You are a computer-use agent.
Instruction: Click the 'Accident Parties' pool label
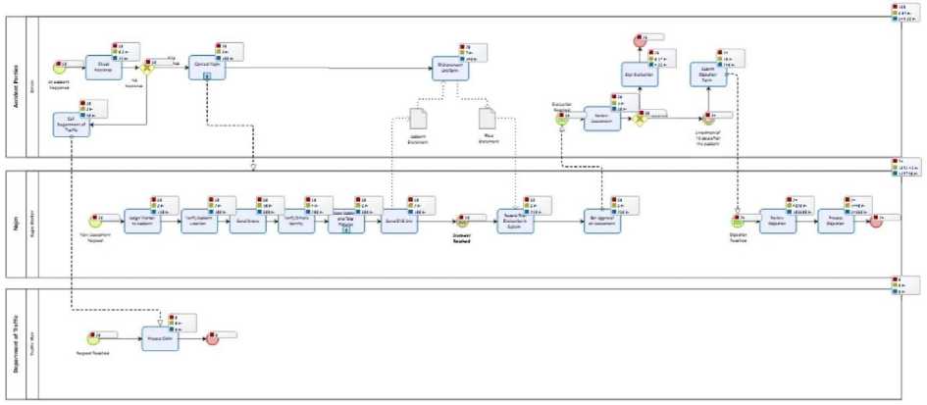(x=16, y=86)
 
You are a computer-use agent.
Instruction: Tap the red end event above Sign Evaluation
(x=640, y=41)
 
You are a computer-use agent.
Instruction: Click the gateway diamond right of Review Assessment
(x=641, y=120)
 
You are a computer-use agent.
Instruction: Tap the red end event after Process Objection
(x=874, y=222)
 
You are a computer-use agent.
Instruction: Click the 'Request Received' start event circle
(x=94, y=339)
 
